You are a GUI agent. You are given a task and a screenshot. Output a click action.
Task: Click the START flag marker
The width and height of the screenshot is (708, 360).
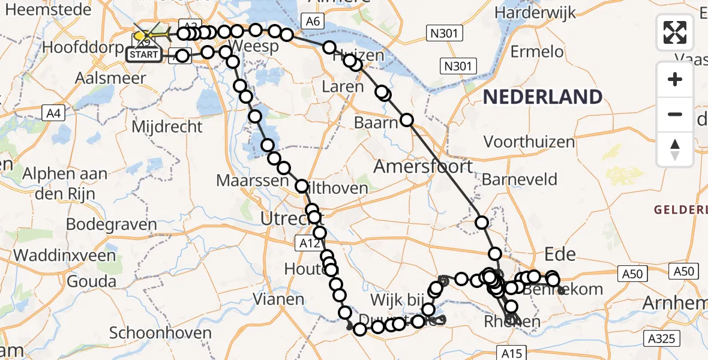[x=143, y=55]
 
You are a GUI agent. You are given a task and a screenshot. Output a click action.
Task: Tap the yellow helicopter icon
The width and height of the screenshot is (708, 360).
[x=148, y=35]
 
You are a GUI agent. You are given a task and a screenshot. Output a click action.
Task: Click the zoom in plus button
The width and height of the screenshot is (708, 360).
[x=675, y=80]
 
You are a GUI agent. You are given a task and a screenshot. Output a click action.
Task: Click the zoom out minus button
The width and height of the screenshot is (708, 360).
[x=675, y=114]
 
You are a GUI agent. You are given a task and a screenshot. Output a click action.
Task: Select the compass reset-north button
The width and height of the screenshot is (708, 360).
[x=675, y=149]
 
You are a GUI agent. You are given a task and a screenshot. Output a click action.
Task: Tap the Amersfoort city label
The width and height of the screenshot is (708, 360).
[x=423, y=166]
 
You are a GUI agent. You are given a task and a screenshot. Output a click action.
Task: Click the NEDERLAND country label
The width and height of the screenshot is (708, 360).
[x=543, y=97]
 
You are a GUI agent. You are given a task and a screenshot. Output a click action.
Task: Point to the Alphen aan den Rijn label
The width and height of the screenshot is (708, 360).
[x=65, y=184]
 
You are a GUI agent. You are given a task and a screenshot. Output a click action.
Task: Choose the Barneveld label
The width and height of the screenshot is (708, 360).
[x=520, y=179]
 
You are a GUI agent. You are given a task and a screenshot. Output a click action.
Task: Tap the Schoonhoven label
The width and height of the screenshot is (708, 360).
[x=161, y=333]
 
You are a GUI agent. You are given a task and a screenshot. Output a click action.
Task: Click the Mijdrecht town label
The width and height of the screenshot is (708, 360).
[x=167, y=127]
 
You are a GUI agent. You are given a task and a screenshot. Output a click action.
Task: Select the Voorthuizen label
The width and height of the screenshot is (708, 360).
[x=529, y=142]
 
